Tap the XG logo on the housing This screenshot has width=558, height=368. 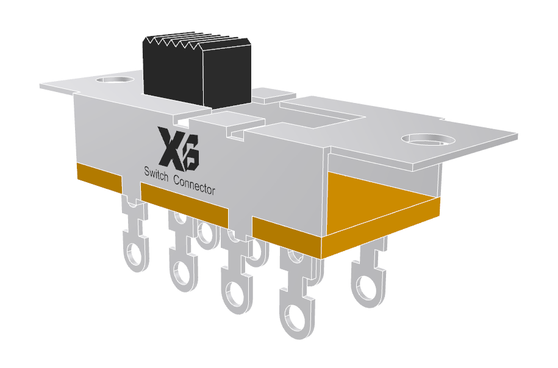coord(177,147)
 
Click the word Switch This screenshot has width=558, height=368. coord(156,173)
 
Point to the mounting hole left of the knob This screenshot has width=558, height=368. coord(116,79)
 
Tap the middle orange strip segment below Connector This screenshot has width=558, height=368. coord(184,200)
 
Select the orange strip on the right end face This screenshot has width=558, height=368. coord(381,232)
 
